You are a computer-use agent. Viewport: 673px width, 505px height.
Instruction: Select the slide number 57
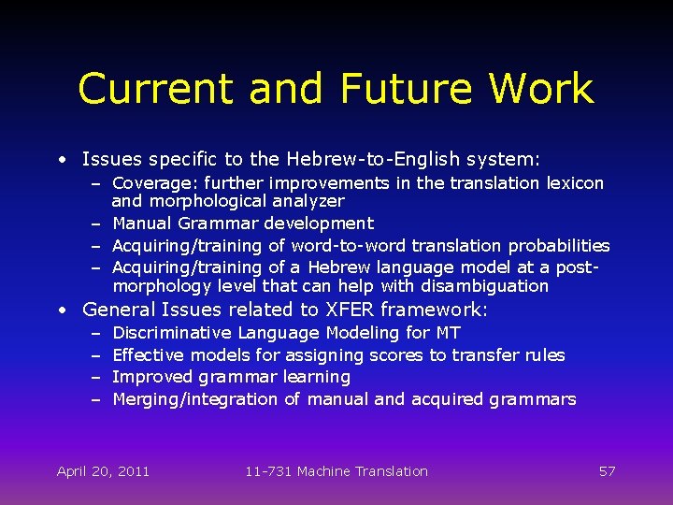point(607,471)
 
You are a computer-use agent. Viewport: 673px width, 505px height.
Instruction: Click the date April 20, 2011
point(103,471)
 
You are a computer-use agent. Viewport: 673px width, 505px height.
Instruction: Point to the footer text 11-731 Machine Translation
point(336,471)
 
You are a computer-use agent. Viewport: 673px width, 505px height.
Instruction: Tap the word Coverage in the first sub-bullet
point(150,183)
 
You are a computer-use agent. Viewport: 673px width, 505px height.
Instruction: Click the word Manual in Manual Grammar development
point(142,224)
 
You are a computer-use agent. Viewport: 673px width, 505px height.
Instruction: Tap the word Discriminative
point(172,333)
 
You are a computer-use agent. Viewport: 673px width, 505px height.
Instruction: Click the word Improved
point(152,377)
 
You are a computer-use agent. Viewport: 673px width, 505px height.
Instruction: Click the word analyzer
point(309,201)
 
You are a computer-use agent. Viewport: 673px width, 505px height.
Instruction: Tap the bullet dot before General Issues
point(61,310)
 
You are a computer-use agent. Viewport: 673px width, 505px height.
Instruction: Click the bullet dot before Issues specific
point(61,161)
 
